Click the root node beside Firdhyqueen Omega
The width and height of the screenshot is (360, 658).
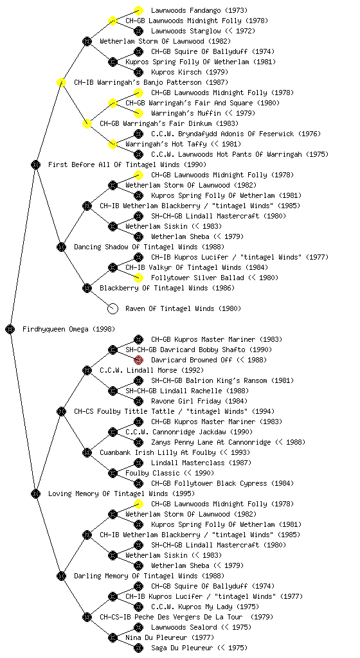point(10,329)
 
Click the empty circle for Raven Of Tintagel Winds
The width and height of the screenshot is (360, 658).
point(113,308)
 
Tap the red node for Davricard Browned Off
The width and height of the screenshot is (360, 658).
point(138,360)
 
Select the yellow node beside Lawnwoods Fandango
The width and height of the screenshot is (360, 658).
point(138,10)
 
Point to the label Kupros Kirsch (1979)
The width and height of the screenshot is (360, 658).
point(190,72)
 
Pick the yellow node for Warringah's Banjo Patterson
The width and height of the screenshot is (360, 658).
point(61,82)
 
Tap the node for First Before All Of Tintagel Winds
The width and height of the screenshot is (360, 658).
point(35,164)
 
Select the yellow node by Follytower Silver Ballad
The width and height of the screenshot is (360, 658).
point(138,278)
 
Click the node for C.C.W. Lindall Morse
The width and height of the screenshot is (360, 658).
point(87,370)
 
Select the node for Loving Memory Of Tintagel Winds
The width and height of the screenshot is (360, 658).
point(35,493)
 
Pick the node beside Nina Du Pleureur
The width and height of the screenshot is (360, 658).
point(113,637)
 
